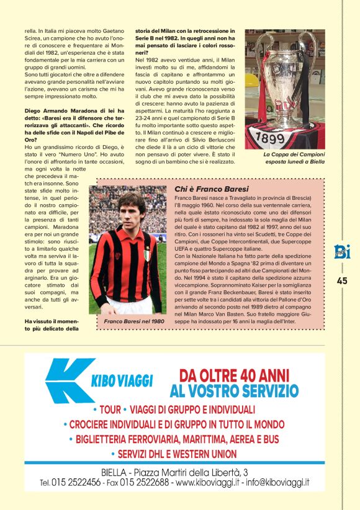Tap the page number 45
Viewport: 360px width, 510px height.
tap(342, 280)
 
